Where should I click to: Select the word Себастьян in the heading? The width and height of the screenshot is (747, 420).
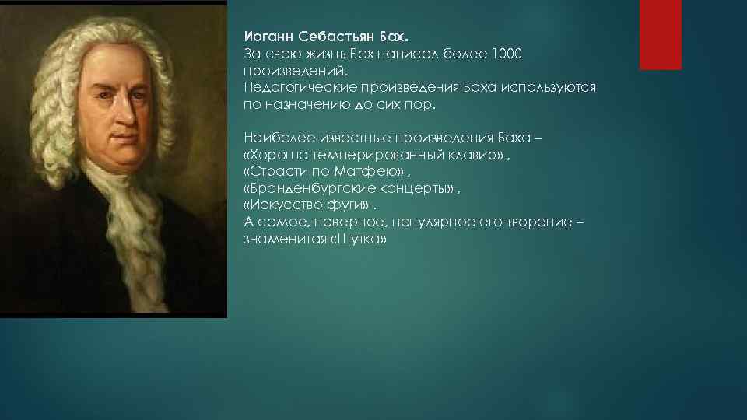[328, 37]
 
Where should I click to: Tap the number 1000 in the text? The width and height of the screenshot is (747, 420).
[507, 54]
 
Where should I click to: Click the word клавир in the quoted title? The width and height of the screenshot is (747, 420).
[481, 156]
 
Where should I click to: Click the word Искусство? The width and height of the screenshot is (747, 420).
[286, 206]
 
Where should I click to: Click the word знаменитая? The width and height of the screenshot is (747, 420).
[284, 240]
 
